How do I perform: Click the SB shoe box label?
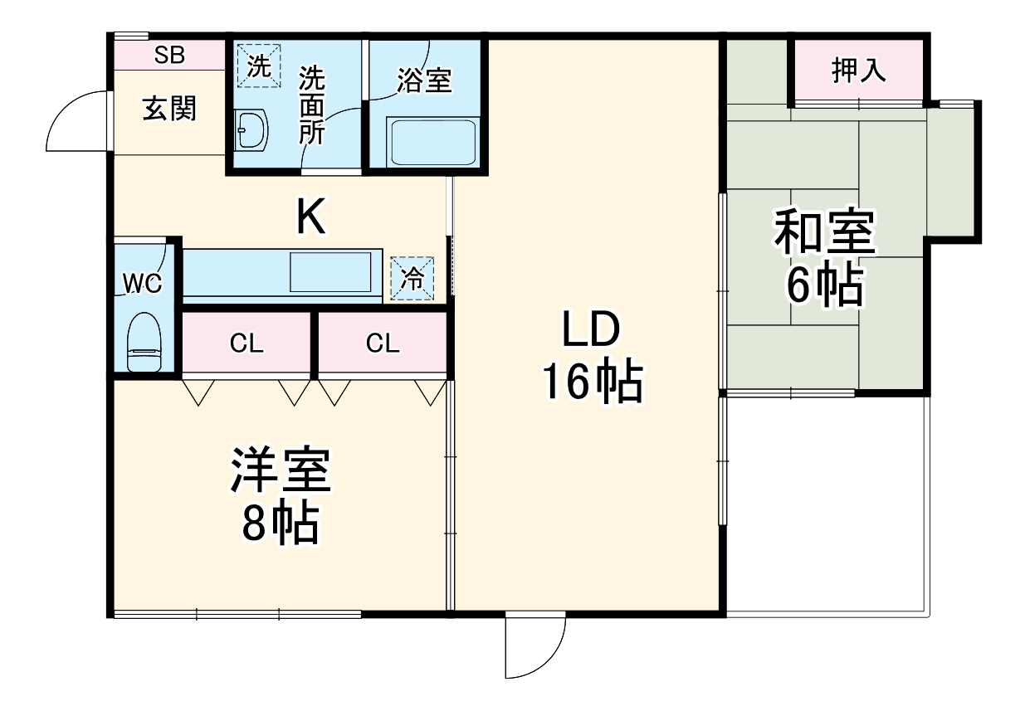tap(170, 56)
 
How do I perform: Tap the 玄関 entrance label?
tap(169, 109)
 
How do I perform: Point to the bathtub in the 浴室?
tap(432, 142)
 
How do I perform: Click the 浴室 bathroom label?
tap(424, 80)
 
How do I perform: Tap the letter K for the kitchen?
tap(310, 218)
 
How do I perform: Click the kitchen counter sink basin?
tap(330, 272)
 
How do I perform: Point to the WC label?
tap(142, 283)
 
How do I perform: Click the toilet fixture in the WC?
tap(145, 343)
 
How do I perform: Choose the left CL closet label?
tap(246, 343)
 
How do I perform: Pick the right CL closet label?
tap(383, 343)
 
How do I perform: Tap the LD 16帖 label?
tap(591, 357)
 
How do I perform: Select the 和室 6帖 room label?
tap(824, 259)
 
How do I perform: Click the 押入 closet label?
tap(859, 71)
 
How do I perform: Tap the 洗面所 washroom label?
tap(312, 105)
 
